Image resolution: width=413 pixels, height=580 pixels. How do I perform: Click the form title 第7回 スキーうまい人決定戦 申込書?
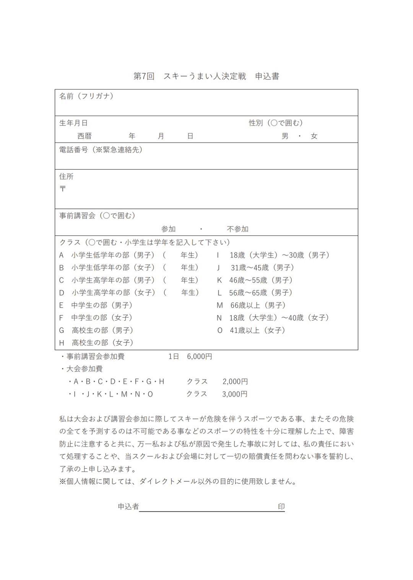[x=206, y=76]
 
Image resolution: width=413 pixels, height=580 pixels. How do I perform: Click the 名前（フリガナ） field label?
[x=86, y=96]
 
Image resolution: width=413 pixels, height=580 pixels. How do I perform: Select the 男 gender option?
[x=285, y=136]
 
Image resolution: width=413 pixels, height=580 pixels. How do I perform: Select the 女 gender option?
[x=314, y=136]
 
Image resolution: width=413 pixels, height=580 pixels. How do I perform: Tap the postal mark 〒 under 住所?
[x=63, y=189]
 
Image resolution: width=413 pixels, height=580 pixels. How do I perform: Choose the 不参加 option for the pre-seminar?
[x=237, y=229]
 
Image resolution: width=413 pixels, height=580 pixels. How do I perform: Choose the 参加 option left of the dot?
[x=168, y=229]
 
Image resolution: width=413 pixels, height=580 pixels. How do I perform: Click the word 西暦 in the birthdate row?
[x=85, y=136]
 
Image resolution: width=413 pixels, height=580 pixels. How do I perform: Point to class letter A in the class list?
[x=61, y=255]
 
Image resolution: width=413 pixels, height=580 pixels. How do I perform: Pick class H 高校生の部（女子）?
[x=96, y=342]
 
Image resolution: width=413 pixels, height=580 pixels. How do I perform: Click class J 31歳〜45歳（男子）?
[x=255, y=267]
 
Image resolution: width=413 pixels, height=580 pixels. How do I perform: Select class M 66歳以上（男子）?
[x=251, y=305]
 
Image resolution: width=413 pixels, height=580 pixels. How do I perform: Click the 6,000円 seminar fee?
[x=200, y=357]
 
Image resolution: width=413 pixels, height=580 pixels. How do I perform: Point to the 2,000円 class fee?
[x=235, y=381]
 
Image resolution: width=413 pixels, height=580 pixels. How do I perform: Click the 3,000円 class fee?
[x=235, y=394]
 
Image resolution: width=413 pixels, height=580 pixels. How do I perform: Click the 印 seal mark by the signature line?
[x=281, y=507]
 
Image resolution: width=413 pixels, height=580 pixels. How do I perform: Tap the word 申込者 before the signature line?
[x=128, y=507]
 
